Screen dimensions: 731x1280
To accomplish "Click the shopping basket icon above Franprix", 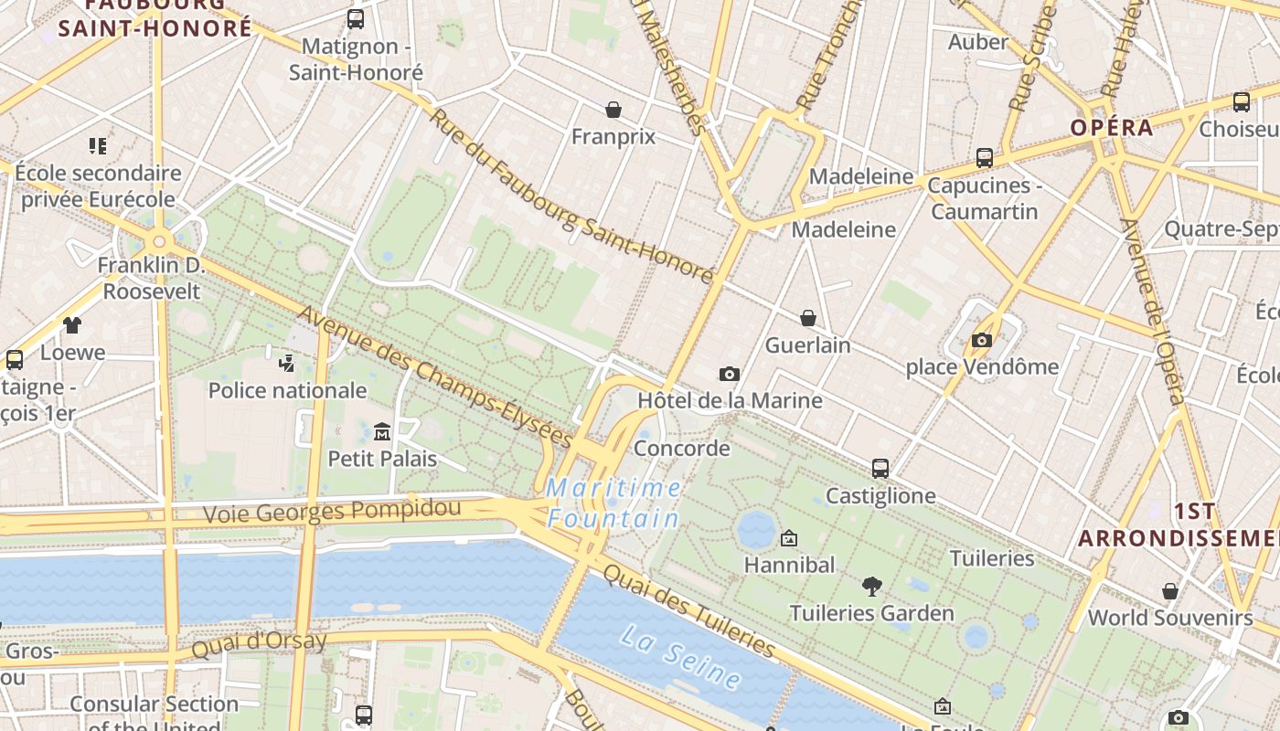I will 613,110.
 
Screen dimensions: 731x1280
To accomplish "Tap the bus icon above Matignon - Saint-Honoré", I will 356,18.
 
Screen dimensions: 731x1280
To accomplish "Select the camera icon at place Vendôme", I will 982,341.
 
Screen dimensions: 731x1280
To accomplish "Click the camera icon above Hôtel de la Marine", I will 729,374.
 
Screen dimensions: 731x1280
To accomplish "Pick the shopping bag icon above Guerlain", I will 808,318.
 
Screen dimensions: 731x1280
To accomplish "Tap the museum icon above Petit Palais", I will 382,431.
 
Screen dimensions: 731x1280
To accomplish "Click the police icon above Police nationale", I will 287,363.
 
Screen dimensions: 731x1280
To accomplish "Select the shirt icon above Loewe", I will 72,324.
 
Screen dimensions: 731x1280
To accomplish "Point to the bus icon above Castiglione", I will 880,469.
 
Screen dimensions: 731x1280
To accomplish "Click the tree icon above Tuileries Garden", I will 872,586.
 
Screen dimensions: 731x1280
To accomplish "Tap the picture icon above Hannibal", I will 789,538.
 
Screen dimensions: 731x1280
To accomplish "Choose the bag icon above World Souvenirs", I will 1169,591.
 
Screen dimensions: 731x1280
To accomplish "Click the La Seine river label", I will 681,656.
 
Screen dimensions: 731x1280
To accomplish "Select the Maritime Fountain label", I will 613,503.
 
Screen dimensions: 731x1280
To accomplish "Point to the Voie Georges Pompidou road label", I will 353,509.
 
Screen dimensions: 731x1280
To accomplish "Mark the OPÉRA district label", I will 1112,127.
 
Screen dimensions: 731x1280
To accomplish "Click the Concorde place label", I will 682,449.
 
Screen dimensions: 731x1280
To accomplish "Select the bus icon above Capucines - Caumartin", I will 985,158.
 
